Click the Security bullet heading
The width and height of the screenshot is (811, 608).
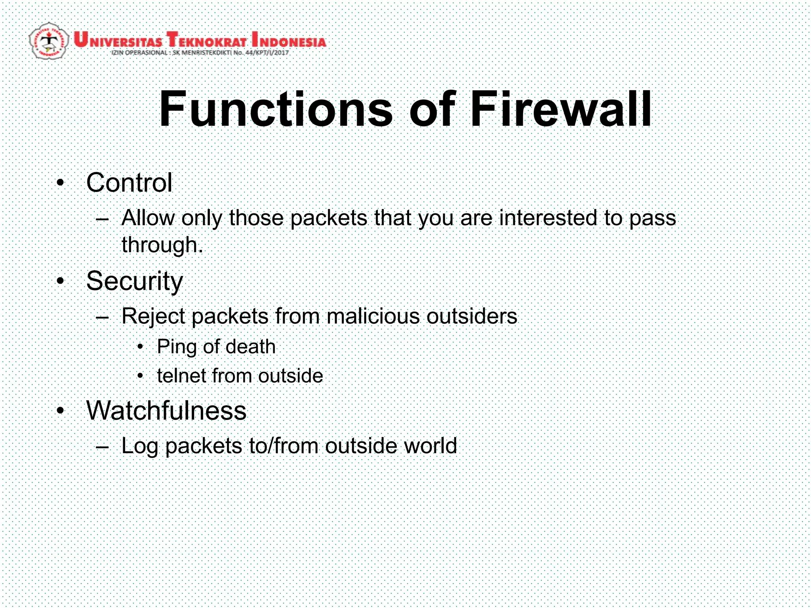pyautogui.click(x=135, y=281)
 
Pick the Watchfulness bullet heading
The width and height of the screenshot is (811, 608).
pyautogui.click(x=166, y=410)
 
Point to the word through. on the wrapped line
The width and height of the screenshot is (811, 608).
pyautogui.click(x=162, y=245)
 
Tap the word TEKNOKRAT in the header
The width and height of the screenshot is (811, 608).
pyautogui.click(x=206, y=40)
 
